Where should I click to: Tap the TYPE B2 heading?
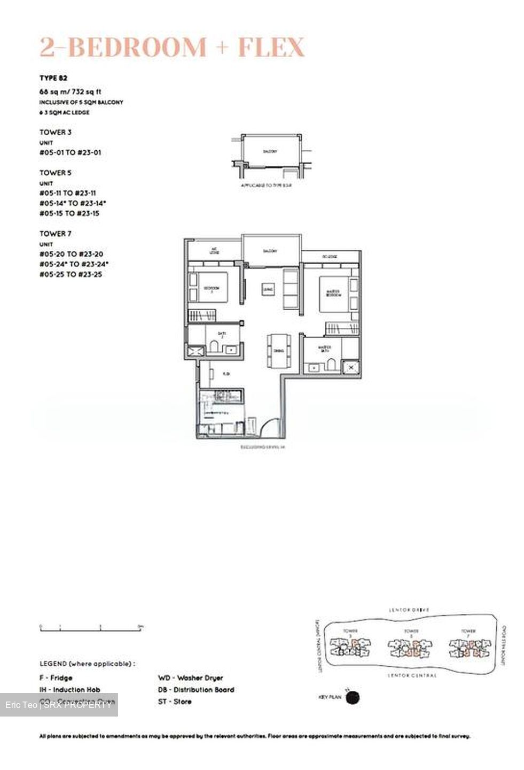pyautogui.click(x=53, y=78)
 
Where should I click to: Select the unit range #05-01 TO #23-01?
pyautogui.click(x=70, y=152)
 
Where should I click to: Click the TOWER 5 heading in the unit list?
pyautogui.click(x=55, y=173)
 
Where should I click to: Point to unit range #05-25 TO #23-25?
pyautogui.click(x=71, y=274)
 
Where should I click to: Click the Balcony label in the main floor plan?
pyautogui.click(x=270, y=251)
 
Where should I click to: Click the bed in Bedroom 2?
pyautogui.click(x=209, y=289)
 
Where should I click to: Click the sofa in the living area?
pyautogui.click(x=291, y=289)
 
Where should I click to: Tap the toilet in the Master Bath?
pyautogui.click(x=331, y=365)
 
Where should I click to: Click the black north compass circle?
pyautogui.click(x=353, y=697)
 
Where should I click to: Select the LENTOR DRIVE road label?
pyautogui.click(x=409, y=610)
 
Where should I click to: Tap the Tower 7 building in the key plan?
pyautogui.click(x=470, y=648)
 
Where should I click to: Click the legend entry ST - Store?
pyautogui.click(x=175, y=702)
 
